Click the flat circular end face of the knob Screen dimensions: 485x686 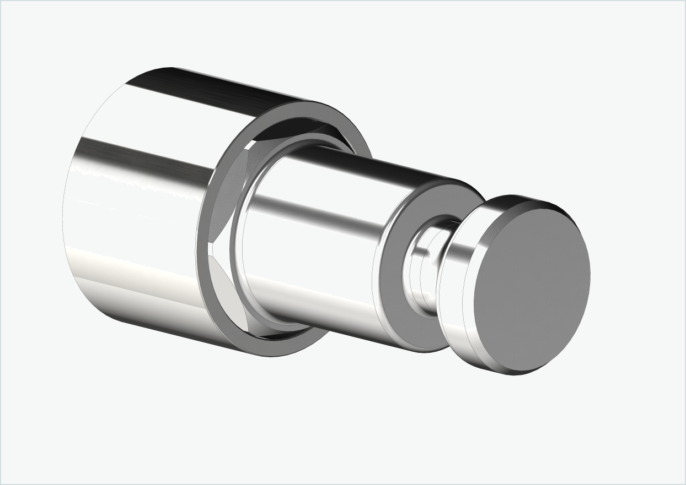[532, 286]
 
